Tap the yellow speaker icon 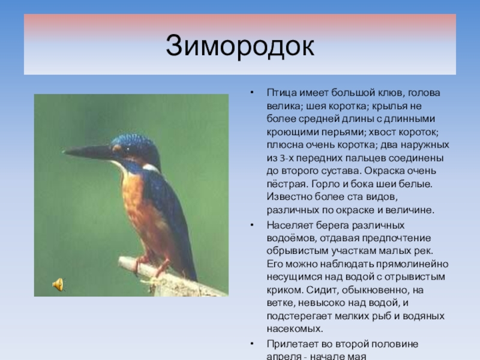[x=58, y=284]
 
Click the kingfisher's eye [x=127, y=149]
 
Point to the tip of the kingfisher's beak [x=63, y=152]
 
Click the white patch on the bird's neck [x=151, y=168]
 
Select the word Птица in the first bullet [x=281, y=93]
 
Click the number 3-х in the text [x=286, y=158]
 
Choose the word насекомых [x=295, y=329]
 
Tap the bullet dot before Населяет [x=251, y=226]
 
